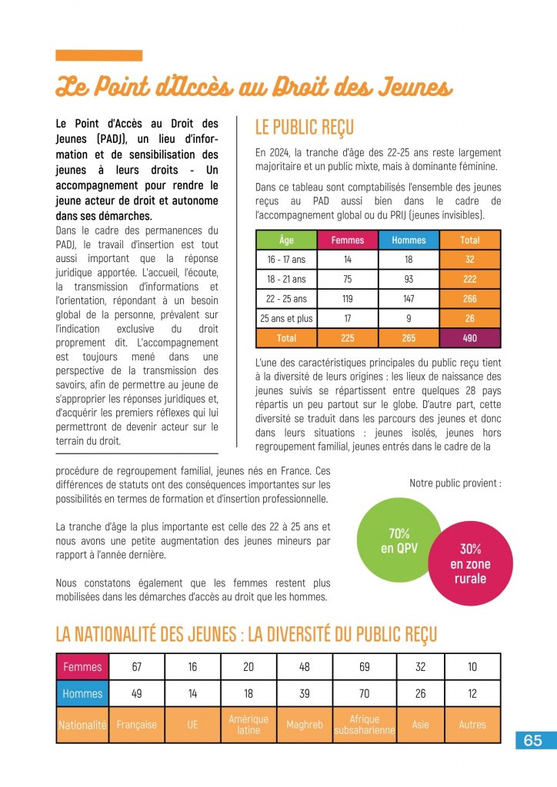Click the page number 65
(x=532, y=741)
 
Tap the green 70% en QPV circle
(x=399, y=540)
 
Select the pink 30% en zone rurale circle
(x=470, y=564)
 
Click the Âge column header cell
(x=286, y=241)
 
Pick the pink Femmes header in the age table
(x=348, y=241)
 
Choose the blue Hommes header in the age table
(x=409, y=241)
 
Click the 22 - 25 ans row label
(x=286, y=299)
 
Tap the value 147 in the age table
(x=409, y=299)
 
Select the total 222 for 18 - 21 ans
(x=470, y=280)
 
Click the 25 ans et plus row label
(x=286, y=318)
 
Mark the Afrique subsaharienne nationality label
(x=365, y=725)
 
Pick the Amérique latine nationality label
(x=248, y=725)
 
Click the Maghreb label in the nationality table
(x=305, y=725)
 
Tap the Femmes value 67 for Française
(x=136, y=667)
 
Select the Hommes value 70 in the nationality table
(x=365, y=694)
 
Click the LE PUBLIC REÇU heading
(x=304, y=128)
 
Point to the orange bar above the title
(x=99, y=55)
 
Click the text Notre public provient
(x=455, y=484)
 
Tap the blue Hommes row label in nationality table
(x=82, y=694)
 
